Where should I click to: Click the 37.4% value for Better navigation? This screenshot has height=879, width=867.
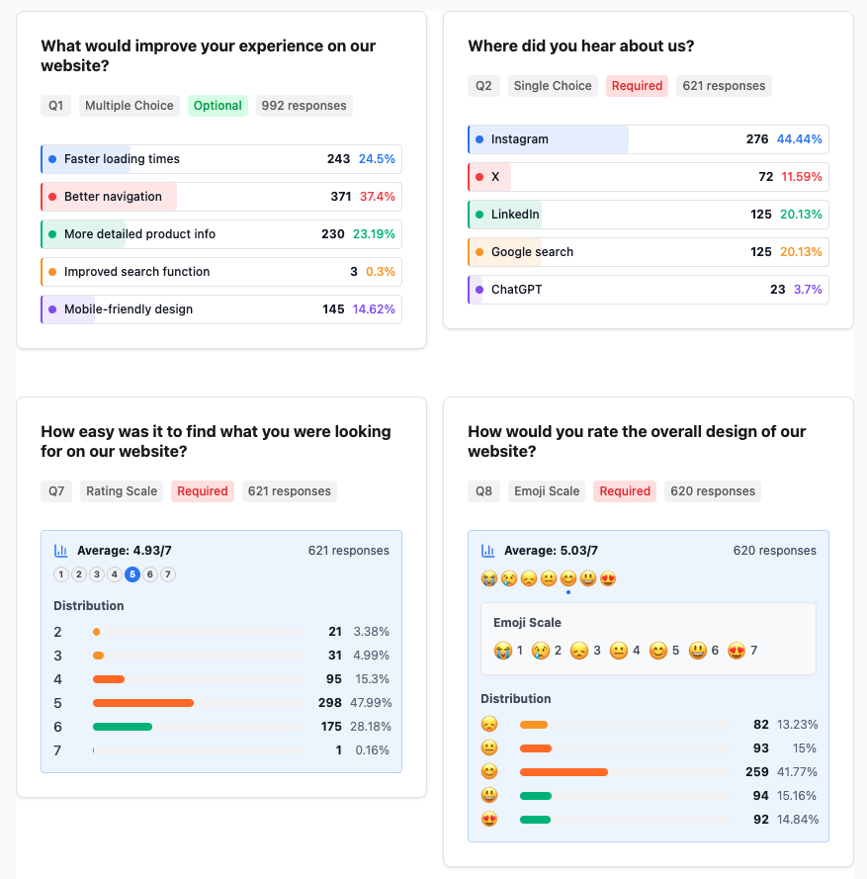[377, 197]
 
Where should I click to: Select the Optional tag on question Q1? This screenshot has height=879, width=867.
[217, 106]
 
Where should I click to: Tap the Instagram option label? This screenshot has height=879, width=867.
[519, 139]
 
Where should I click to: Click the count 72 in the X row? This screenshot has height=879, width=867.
[765, 177]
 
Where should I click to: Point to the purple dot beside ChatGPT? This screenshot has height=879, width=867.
[479, 290]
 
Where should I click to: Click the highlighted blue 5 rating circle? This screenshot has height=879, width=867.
[132, 574]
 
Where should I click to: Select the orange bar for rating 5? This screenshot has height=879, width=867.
[143, 703]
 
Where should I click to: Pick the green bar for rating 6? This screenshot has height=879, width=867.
[123, 727]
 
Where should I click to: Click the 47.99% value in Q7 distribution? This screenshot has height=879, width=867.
[371, 703]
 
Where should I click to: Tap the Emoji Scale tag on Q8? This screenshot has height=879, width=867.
[549, 491]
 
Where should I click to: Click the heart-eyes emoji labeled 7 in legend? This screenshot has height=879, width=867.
[737, 651]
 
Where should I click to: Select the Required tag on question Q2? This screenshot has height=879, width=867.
[637, 86]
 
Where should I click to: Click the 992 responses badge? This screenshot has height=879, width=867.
[303, 106]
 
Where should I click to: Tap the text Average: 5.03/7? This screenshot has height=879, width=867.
[551, 551]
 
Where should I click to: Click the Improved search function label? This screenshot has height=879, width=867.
[136, 272]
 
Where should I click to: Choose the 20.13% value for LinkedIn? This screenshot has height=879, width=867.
[801, 215]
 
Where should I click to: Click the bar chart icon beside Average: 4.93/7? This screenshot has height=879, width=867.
[61, 551]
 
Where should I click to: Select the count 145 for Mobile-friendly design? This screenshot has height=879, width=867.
[333, 309]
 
